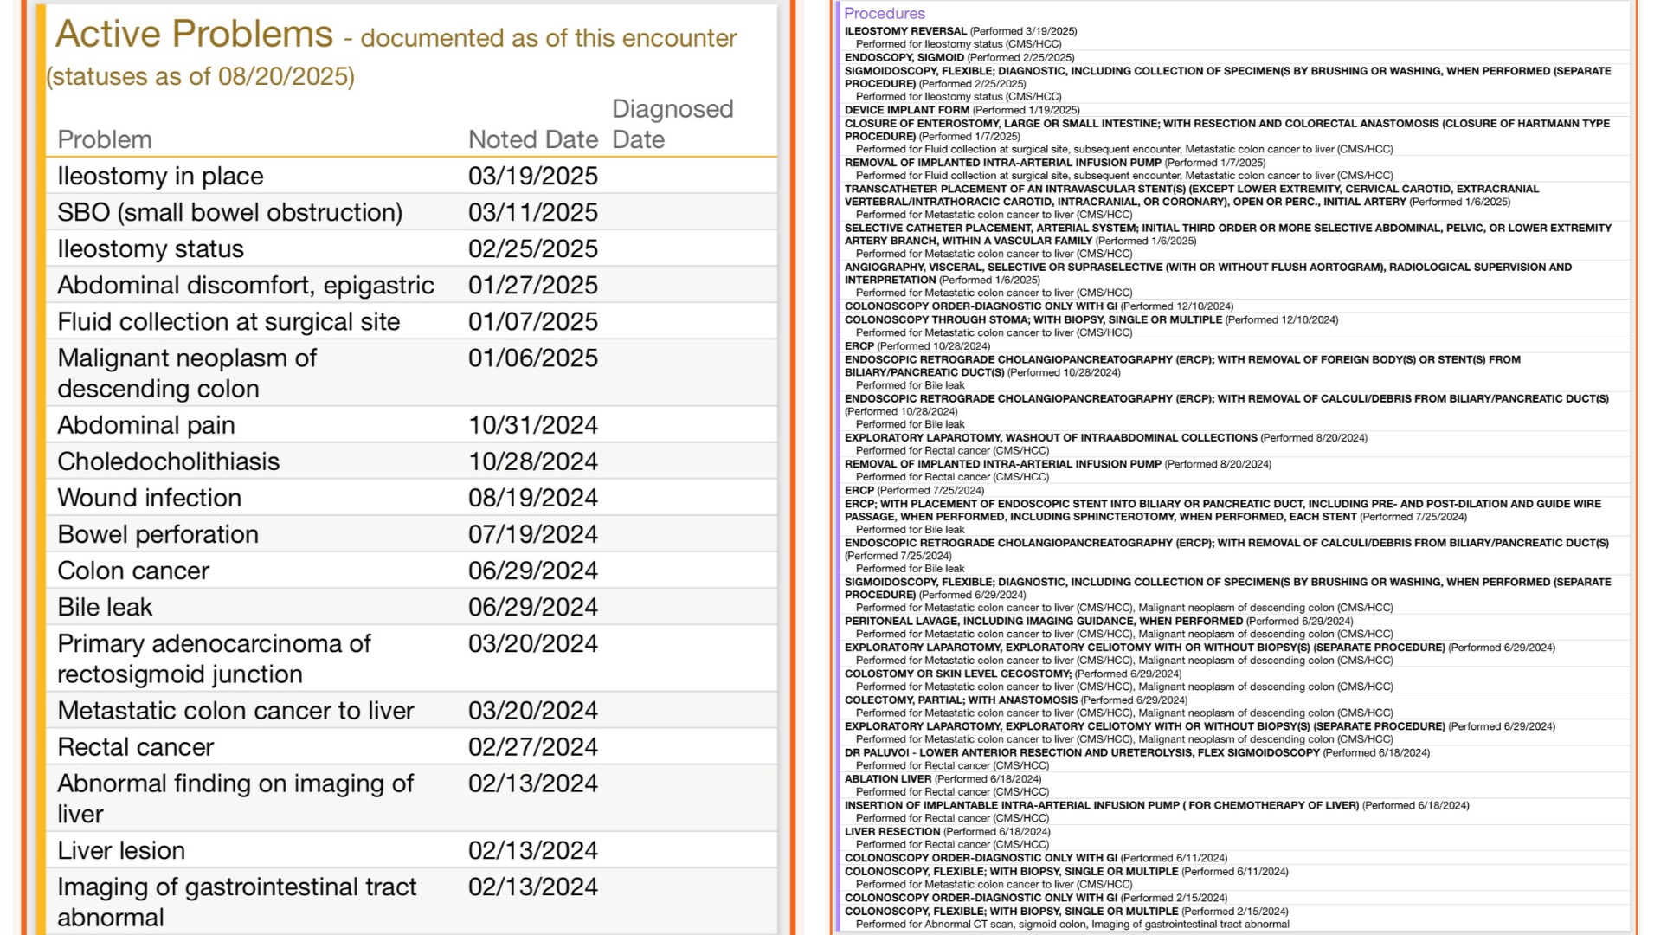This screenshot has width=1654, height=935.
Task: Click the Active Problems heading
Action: (194, 35)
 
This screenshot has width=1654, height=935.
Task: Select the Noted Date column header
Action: (532, 139)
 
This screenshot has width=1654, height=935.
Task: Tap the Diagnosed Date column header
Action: (672, 124)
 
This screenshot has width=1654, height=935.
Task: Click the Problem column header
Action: (104, 139)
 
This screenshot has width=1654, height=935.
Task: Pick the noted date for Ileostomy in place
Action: (532, 176)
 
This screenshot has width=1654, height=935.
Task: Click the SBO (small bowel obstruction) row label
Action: (229, 212)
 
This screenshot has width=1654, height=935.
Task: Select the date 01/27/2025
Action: (532, 285)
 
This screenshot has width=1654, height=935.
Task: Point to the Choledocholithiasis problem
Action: (168, 461)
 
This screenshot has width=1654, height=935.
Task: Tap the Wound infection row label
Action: (149, 498)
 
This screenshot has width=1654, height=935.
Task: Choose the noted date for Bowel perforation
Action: (532, 534)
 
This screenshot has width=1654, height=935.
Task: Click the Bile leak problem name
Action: (105, 607)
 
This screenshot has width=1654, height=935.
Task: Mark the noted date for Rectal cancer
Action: (532, 746)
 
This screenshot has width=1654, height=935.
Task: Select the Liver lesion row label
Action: (121, 850)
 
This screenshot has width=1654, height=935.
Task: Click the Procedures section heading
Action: (884, 13)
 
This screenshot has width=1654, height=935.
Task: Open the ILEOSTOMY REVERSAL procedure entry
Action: (905, 31)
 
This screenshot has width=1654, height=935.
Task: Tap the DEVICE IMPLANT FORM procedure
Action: (906, 110)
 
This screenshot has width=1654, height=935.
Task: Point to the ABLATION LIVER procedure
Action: (888, 779)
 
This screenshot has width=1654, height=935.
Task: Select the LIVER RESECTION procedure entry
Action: (891, 832)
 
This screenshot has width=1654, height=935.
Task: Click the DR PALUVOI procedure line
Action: (1082, 753)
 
